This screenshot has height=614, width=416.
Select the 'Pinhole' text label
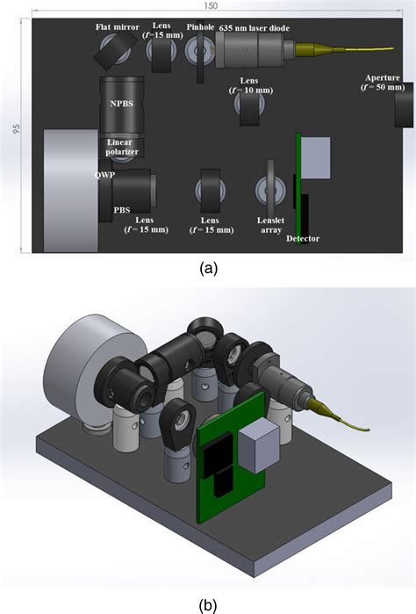[x=199, y=27]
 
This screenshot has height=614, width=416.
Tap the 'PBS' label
[x=122, y=210]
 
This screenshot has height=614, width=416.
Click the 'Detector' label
[x=303, y=239]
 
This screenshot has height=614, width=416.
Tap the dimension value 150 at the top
[x=208, y=5]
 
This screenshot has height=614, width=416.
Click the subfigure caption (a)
[x=208, y=269]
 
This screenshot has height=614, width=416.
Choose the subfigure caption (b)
[x=209, y=603]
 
